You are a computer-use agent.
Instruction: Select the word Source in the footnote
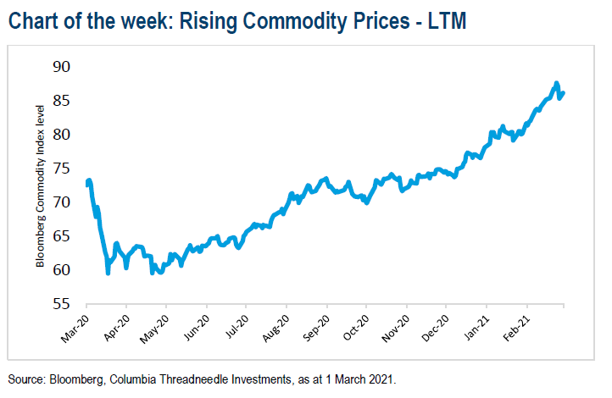click(25, 379)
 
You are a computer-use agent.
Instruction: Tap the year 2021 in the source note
click(380, 379)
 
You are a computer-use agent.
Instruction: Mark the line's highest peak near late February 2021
click(556, 83)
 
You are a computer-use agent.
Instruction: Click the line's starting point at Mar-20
click(87, 183)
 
